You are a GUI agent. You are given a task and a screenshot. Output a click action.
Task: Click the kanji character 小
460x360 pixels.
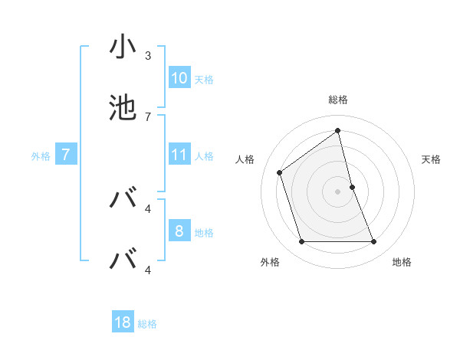click(123, 47)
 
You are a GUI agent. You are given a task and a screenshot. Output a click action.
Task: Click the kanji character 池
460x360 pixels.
click(123, 108)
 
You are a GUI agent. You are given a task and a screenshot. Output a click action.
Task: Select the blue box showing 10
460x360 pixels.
click(179, 77)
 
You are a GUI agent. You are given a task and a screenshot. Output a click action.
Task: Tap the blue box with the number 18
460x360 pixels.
click(123, 322)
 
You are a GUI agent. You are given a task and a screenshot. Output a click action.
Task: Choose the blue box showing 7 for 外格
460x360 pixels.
click(66, 155)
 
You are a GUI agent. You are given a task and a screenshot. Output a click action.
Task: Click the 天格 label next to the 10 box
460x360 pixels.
click(204, 79)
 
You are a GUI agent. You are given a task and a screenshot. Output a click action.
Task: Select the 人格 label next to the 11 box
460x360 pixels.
click(204, 155)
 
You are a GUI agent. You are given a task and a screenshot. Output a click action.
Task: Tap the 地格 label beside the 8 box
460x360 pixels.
click(204, 232)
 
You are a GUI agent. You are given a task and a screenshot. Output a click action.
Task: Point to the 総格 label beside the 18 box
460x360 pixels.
click(147, 324)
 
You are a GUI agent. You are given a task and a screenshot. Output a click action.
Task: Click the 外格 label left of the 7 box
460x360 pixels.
click(41, 156)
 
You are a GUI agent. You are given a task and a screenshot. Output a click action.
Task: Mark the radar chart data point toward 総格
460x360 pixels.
click(338, 130)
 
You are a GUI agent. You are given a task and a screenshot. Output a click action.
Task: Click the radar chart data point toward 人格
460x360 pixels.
click(280, 172)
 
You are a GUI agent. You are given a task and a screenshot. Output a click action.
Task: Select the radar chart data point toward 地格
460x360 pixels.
click(374, 242)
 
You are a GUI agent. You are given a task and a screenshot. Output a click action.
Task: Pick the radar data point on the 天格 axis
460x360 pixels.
click(352, 187)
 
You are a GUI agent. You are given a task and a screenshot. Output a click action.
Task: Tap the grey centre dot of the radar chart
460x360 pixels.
click(338, 191)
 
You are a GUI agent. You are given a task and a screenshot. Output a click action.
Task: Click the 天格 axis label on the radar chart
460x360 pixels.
click(431, 159)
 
